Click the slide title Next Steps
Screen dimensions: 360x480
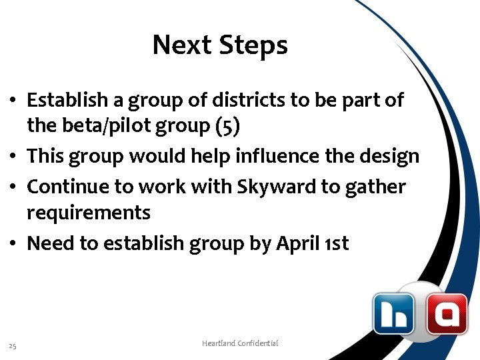[x=220, y=45]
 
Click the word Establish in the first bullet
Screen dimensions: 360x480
[x=65, y=100]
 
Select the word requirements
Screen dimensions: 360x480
[x=89, y=213]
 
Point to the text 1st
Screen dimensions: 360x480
[x=337, y=243]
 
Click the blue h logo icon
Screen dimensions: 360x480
[x=393, y=313]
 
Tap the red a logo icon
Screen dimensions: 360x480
[x=447, y=313]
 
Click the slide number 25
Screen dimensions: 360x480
[x=13, y=345]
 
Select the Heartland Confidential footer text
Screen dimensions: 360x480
[x=240, y=343]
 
